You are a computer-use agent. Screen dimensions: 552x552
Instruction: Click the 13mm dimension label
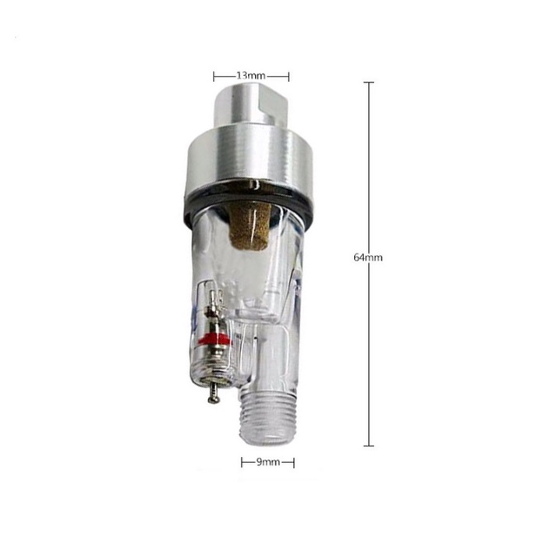pyautogui.click(x=251, y=76)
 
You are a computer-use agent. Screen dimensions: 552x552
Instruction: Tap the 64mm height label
pyautogui.click(x=367, y=257)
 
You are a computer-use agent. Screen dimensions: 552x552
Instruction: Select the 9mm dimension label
pyautogui.click(x=267, y=462)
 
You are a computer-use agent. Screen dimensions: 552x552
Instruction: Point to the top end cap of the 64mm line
pyautogui.click(x=369, y=82)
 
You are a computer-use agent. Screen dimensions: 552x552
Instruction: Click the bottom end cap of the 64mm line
pyautogui.click(x=369, y=446)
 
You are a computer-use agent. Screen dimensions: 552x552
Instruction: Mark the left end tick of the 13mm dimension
pyautogui.click(x=214, y=76)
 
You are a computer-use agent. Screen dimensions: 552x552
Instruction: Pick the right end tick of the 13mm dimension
pyautogui.click(x=289, y=76)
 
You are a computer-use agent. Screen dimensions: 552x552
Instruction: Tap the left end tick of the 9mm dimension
pyautogui.click(x=242, y=462)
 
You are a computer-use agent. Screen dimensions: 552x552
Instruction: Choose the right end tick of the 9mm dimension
pyautogui.click(x=294, y=462)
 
